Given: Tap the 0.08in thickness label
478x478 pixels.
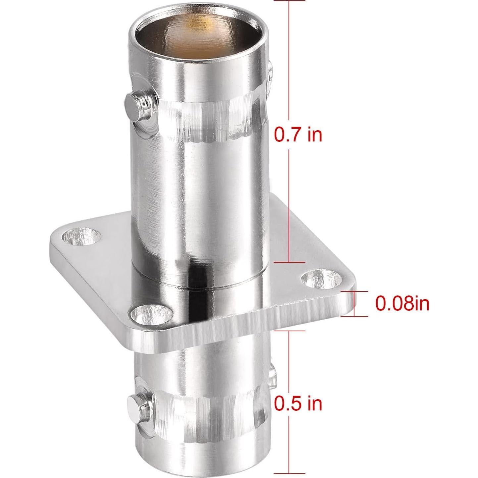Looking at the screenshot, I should (x=402, y=303).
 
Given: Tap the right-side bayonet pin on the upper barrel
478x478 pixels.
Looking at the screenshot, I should (x=271, y=71).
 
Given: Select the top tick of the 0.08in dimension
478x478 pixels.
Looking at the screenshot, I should (x=354, y=292).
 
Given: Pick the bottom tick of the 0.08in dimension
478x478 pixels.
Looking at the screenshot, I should (x=354, y=316).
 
